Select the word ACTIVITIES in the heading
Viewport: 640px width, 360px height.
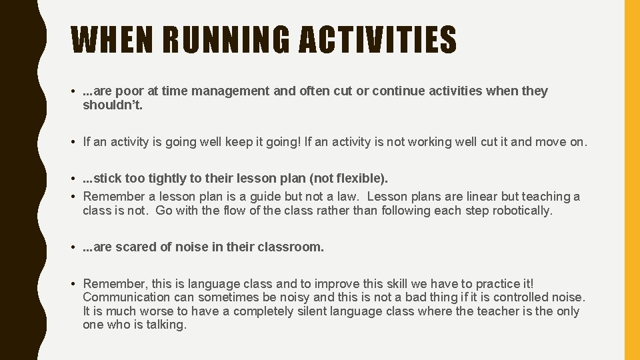pyautogui.click(x=377, y=40)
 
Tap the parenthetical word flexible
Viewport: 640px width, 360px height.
pyautogui.click(x=360, y=179)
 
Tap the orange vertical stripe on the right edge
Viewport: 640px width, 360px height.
pyautogui.click(x=631, y=180)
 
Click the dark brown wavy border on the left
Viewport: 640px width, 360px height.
pyautogui.click(x=17, y=180)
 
